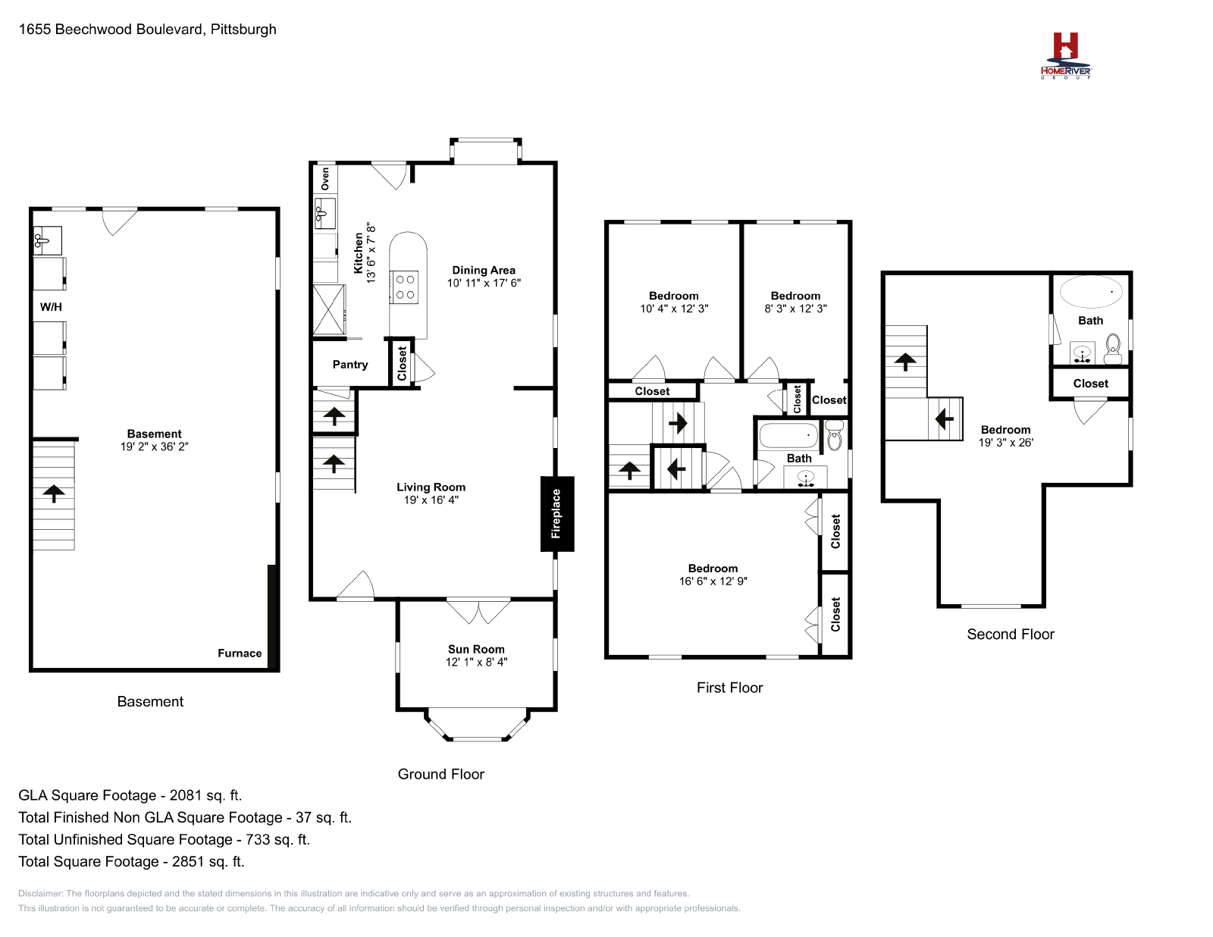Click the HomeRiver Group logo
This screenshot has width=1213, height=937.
[1065, 55]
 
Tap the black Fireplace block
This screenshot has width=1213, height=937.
[556, 513]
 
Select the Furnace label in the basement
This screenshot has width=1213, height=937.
[240, 653]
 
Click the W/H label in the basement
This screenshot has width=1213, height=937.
[51, 307]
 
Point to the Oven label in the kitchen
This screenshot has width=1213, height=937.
[325, 179]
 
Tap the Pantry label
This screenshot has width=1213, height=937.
[350, 365]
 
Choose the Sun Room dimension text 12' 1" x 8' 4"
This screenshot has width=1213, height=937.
[476, 662]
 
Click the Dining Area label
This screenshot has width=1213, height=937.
[484, 270]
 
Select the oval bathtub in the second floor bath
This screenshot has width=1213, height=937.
[1090, 291]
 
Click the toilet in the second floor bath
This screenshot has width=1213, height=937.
[1112, 348]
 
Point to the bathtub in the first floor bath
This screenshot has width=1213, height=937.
[788, 435]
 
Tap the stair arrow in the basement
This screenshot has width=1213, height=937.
[54, 494]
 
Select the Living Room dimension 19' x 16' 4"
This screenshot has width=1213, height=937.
[431, 500]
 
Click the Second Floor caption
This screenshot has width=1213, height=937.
[1011, 634]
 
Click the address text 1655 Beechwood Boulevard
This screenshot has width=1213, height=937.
[111, 29]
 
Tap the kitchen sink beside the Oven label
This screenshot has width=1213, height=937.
[325, 212]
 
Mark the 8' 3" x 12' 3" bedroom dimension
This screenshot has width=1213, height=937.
[795, 309]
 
